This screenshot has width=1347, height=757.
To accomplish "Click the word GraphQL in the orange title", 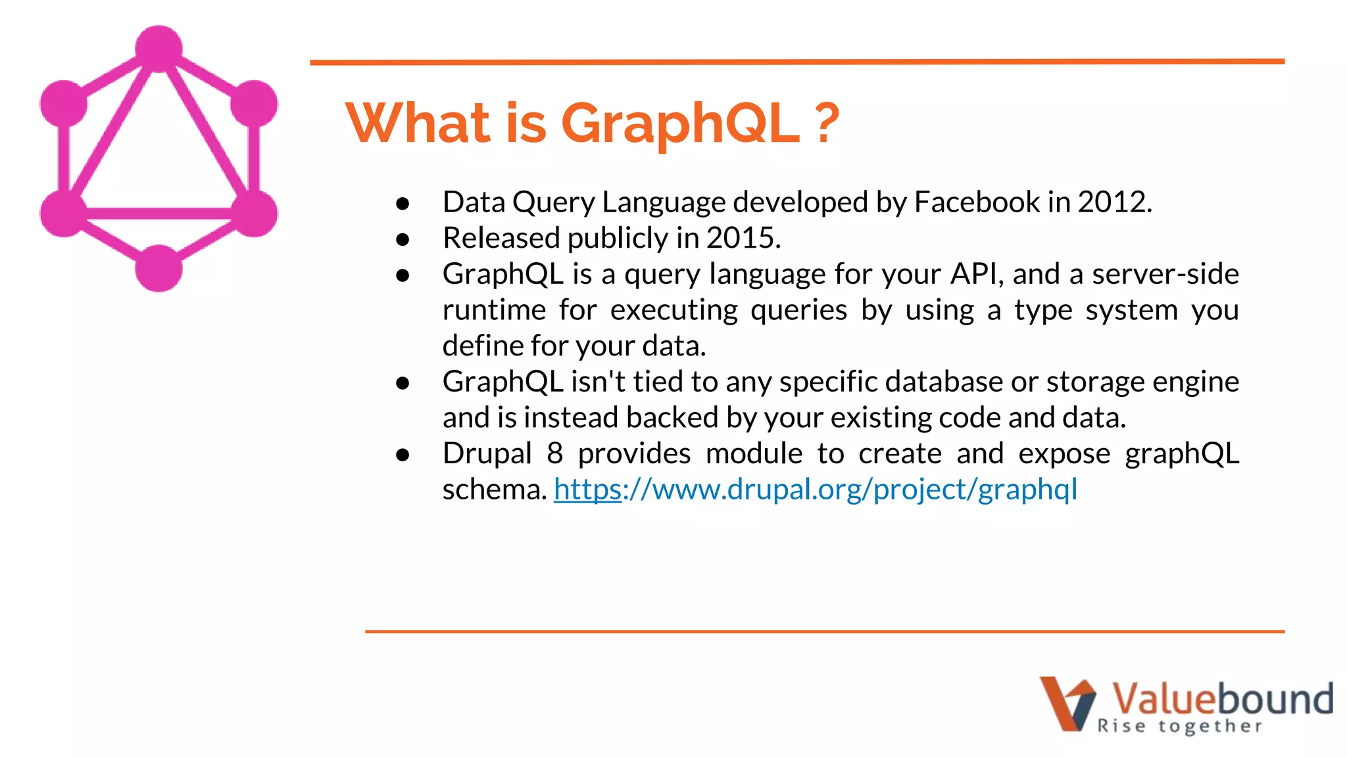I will [x=681, y=124].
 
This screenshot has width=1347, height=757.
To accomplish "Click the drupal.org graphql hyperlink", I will [x=816, y=490].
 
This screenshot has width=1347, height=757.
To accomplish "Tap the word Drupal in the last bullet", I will [x=487, y=453].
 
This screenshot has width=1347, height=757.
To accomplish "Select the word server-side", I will [x=1165, y=274].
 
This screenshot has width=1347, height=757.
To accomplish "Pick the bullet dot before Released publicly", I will [x=403, y=240].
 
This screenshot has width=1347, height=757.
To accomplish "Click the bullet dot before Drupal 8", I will [x=403, y=455].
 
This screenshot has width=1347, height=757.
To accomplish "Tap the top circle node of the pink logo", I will [x=159, y=49].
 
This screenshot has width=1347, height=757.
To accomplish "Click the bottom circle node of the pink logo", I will [x=159, y=268].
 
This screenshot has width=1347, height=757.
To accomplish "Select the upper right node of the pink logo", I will [x=254, y=104].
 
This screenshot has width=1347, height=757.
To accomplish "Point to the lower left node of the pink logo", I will [x=64, y=214].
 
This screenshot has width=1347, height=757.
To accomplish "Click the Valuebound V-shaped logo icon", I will [x=1067, y=703].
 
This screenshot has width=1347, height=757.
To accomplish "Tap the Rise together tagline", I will [x=1179, y=726].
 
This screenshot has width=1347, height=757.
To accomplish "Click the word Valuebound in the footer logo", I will [x=1222, y=698].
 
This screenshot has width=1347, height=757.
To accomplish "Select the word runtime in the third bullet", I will [x=494, y=310].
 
